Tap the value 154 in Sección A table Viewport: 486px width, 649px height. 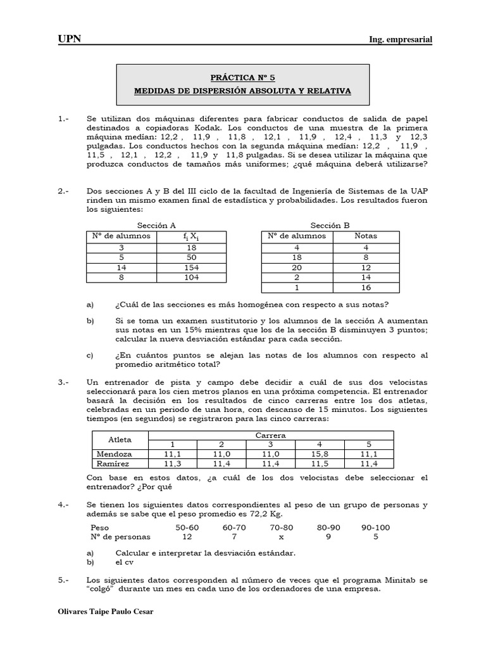pos(191,268)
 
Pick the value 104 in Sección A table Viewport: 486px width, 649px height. pos(191,278)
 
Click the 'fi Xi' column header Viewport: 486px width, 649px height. pos(191,236)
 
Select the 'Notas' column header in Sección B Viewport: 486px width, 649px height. pos(366,236)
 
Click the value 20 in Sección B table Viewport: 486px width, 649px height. pos(296,268)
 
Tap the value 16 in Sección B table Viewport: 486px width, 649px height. pos(366,287)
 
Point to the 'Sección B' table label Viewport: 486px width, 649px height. pos(330,225)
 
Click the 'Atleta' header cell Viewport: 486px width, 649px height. pos(120,439)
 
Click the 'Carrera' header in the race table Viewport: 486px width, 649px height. pos(270,435)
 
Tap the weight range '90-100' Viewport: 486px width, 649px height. pos(375,527)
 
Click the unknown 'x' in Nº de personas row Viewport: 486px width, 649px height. pos(282,537)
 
